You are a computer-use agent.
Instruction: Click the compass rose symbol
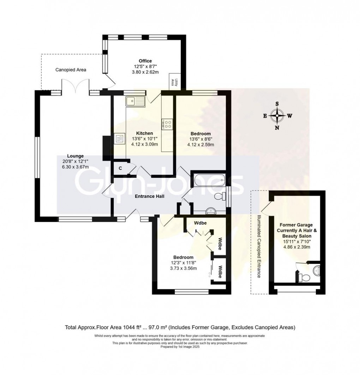[x=277, y=116]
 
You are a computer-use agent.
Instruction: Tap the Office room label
[x=145, y=61]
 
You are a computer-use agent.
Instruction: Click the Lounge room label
[x=76, y=156]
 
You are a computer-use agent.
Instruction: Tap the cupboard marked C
[x=120, y=168]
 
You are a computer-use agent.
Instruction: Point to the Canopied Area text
[x=71, y=70]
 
